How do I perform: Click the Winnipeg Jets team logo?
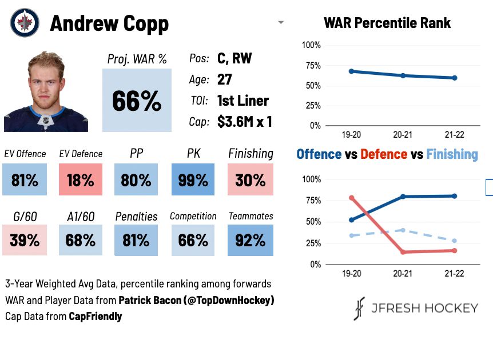tap(25, 23)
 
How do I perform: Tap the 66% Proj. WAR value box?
tap(137, 100)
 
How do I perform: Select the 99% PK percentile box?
tap(193, 179)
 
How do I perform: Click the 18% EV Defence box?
tap(81, 179)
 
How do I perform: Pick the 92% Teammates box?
tap(251, 240)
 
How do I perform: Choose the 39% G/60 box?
tap(25, 240)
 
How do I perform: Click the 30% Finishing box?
tap(251, 179)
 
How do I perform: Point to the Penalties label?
tap(136, 217)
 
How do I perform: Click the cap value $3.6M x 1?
tap(244, 122)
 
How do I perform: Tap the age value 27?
tap(225, 79)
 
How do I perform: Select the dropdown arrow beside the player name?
tap(281, 22)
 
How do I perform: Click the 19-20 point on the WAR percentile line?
tap(352, 71)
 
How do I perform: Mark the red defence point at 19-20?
tap(352, 198)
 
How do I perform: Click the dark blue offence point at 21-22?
tap(454, 196)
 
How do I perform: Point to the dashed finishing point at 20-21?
tap(403, 230)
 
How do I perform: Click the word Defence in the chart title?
tap(384, 154)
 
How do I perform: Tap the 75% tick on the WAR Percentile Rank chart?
tap(313, 66)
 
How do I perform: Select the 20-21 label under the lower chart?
tap(403, 273)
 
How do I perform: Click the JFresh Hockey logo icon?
tap(359, 308)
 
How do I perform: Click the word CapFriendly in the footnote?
tap(96, 317)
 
